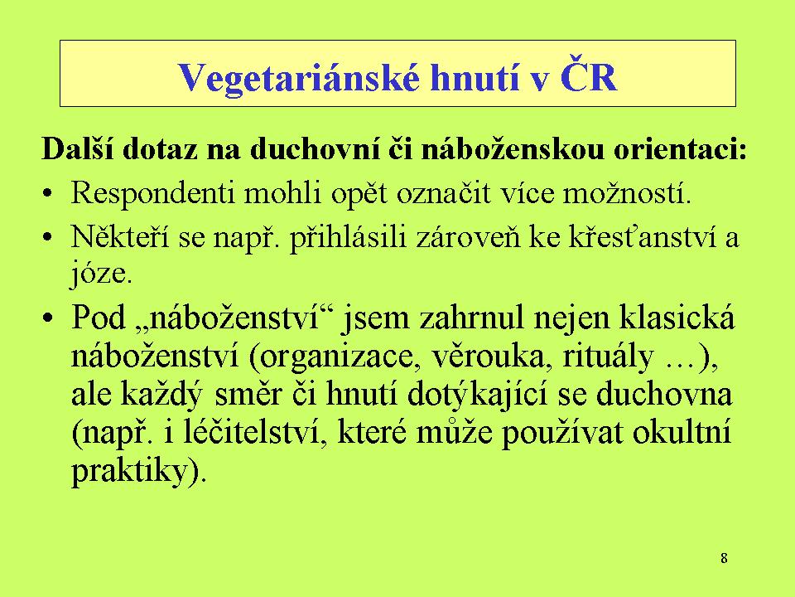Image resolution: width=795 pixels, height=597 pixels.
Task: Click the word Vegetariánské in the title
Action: click(x=299, y=78)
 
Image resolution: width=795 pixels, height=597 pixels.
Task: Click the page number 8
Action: click(x=724, y=558)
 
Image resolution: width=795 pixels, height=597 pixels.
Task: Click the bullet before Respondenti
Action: click(x=47, y=195)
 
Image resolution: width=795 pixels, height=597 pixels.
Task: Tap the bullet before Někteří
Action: click(x=47, y=238)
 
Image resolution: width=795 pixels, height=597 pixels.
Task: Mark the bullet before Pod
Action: click(x=48, y=318)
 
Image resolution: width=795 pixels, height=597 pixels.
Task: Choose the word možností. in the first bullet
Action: click(x=627, y=193)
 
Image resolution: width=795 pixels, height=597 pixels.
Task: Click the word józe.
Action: click(x=101, y=274)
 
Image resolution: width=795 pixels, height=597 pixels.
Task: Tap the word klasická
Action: click(x=677, y=318)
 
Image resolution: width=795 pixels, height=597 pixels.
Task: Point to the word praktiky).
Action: click(x=139, y=472)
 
